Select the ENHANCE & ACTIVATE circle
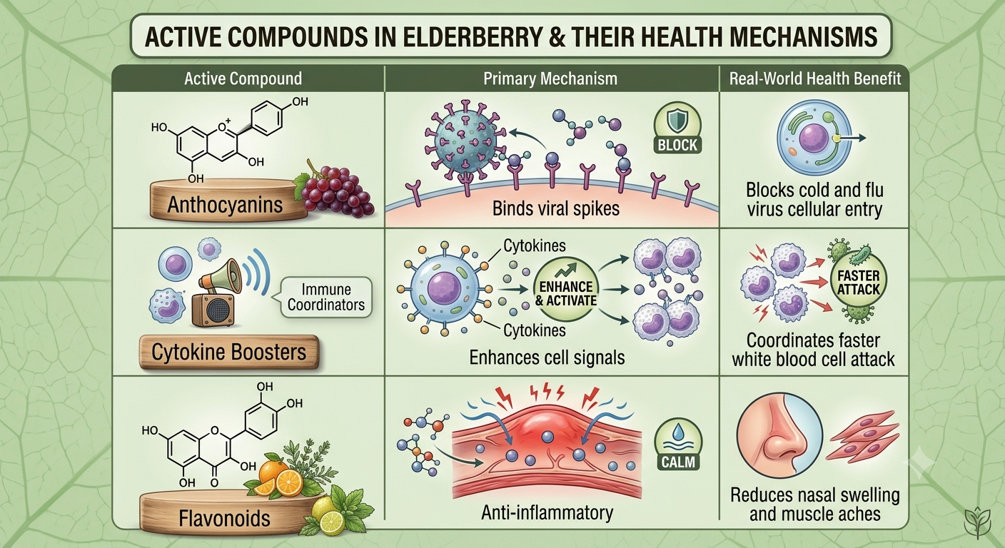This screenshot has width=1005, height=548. click(x=566, y=289)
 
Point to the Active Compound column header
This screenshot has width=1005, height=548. click(x=243, y=79)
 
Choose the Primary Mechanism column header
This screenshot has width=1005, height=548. click(x=550, y=79)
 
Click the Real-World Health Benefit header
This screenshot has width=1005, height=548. click(x=814, y=79)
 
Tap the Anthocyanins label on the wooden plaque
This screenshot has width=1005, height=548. click(x=225, y=205)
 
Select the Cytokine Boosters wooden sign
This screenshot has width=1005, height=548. click(x=229, y=352)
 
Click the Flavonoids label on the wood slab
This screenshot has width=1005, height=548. click(x=224, y=519)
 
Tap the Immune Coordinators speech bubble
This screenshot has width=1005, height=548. click(x=326, y=298)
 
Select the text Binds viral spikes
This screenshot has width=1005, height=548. click(x=556, y=208)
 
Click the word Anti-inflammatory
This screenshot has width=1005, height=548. click(x=547, y=512)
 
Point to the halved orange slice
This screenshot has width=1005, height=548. click(x=289, y=482)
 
